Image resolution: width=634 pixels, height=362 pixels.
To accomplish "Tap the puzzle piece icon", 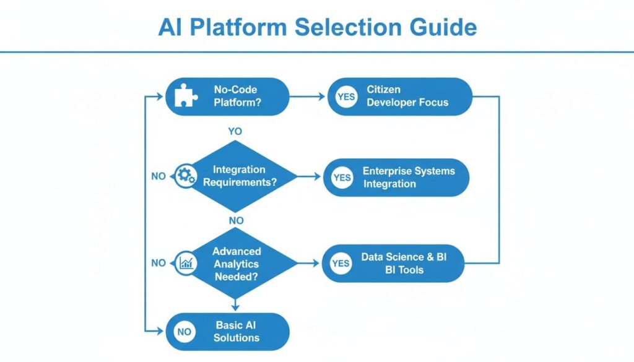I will (185, 97).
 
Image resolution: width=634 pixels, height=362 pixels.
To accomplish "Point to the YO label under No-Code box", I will (235, 132).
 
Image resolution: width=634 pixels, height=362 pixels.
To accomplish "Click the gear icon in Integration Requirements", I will (185, 176).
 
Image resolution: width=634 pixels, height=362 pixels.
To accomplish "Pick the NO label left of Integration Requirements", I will (158, 176).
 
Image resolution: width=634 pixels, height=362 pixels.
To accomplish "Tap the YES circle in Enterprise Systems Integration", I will (342, 177).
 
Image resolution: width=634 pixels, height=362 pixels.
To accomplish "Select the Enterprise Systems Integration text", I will (408, 177).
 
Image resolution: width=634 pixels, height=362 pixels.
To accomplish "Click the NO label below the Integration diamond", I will (236, 220).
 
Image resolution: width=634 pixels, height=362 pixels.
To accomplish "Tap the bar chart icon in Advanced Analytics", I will (185, 263).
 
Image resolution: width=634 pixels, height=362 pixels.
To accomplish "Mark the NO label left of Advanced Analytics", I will (158, 263).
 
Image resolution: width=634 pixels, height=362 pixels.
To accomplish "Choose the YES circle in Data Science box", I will (341, 263).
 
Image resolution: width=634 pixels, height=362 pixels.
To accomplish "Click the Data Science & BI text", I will (403, 263).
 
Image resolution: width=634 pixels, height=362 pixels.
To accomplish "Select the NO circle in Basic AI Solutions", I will (184, 332).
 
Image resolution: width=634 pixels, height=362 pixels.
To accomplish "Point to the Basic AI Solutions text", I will (237, 332).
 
